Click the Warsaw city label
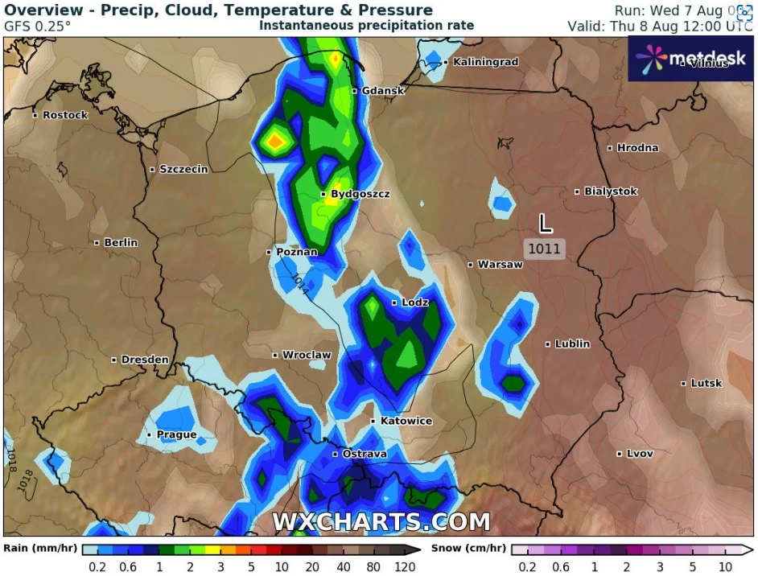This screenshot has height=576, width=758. coord(500,265)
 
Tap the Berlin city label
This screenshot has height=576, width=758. coord(120,243)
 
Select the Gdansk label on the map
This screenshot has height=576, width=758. coord(382,91)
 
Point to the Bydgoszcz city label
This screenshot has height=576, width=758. coord(360,195)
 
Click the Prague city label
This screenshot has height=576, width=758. coord(176,435)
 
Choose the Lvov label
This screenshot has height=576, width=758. coord(640,454)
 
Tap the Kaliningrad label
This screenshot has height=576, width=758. coord(485,62)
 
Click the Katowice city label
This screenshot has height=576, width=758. coord(406,422)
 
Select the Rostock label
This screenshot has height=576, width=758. coord(64,116)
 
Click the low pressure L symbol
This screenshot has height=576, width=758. coord(546,223)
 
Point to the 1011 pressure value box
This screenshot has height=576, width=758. coord(545,249)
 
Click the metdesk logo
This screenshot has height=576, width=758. coord(691,58)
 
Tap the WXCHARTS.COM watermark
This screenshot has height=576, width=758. coord(381,522)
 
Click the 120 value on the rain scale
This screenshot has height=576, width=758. coord(405,567)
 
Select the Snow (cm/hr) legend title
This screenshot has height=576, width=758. coord(468,549)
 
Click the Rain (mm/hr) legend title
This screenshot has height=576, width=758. coord(40,549)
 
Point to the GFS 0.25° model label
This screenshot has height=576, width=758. coord(37,26)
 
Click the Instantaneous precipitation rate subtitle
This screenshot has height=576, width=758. coord(366,26)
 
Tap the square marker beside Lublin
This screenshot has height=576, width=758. coord(548,344)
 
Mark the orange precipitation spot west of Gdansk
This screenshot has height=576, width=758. coord(275,142)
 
